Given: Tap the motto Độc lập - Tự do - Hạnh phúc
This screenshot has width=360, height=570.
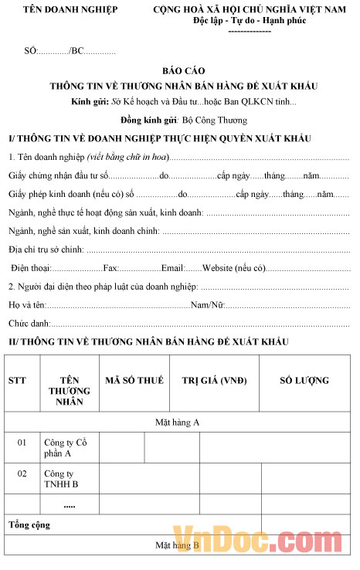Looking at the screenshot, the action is click(x=250, y=20).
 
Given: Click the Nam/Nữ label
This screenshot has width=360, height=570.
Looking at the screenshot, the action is click(x=207, y=305).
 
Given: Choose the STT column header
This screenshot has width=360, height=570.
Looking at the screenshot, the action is click(x=17, y=380).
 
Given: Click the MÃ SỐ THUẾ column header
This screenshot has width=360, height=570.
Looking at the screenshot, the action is click(x=134, y=380).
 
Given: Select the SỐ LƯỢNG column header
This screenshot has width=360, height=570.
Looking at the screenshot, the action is click(x=304, y=380).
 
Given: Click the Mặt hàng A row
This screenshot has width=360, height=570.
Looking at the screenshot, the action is click(x=178, y=422).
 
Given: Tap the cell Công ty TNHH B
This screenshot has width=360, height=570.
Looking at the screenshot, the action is click(x=61, y=479).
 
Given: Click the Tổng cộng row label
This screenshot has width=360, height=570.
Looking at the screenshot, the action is click(x=29, y=525).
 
